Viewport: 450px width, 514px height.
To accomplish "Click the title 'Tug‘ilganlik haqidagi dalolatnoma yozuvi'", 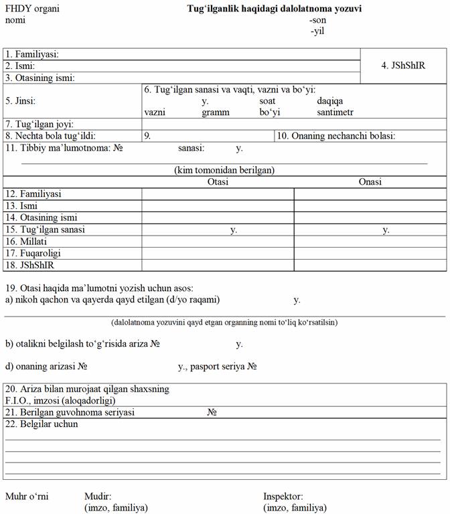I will [275, 9].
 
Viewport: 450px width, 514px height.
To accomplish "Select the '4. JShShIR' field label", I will [403, 66].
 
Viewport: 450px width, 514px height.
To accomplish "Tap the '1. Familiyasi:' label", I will [32, 54].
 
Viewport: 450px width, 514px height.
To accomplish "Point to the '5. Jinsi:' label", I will [21, 101].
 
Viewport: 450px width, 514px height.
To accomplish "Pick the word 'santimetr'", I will [335, 112].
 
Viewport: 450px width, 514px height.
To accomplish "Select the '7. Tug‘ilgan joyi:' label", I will [39, 124].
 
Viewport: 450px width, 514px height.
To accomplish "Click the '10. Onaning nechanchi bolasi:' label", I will [336, 137].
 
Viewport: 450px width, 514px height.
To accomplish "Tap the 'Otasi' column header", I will [218, 181].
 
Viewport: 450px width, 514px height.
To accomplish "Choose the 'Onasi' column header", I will [370, 181].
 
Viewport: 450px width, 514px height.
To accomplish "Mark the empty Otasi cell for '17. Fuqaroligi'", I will [218, 254].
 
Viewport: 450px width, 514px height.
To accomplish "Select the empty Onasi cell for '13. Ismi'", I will [370, 205].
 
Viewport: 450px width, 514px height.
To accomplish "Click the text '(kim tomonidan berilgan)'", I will [224, 170].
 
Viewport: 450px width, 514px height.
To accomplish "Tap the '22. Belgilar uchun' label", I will [42, 424].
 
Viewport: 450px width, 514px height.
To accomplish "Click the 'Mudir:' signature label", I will [97, 497].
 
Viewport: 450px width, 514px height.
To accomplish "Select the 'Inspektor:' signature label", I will [283, 497].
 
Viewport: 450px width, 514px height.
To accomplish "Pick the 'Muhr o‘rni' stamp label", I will [27, 497].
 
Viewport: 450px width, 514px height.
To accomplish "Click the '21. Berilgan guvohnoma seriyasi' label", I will [70, 412].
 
